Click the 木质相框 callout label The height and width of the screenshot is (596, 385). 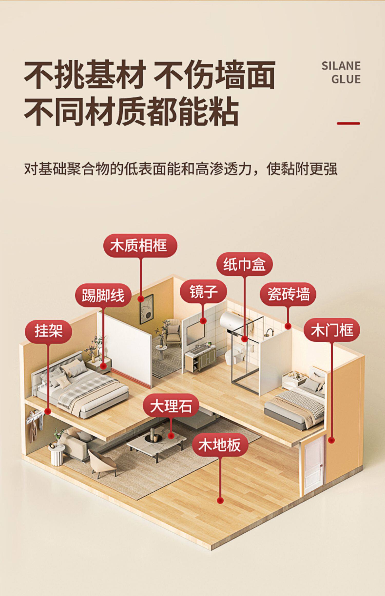(140, 246)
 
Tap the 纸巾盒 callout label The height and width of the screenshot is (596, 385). (244, 265)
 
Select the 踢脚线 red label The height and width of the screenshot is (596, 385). (103, 295)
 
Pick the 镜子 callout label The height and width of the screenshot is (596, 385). (203, 292)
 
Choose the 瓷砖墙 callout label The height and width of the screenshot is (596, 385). (288, 294)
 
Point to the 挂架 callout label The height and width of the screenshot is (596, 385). (48, 331)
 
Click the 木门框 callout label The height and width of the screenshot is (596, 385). (332, 330)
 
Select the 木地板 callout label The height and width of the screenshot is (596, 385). (220, 445)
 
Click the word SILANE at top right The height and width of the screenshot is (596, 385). (341, 66)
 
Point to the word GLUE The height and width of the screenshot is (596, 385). (346, 79)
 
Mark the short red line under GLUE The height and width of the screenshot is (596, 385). (348, 123)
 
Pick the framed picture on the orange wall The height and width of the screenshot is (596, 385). (146, 309)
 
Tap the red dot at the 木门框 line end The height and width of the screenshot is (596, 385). (332, 440)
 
